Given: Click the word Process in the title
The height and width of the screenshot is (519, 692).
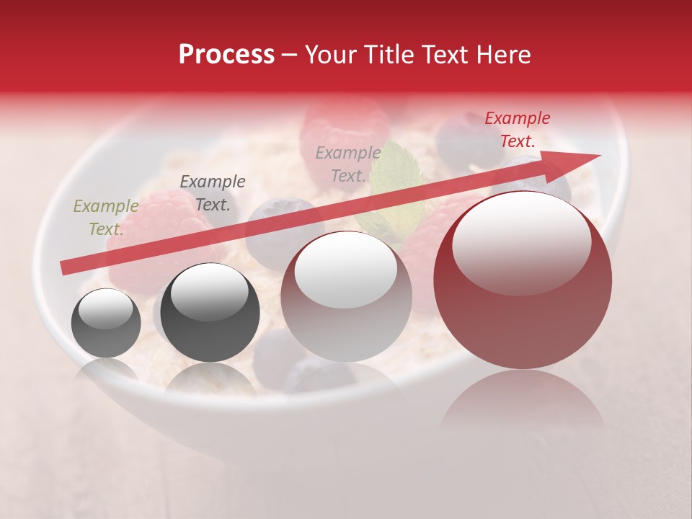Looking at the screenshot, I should tap(226, 55).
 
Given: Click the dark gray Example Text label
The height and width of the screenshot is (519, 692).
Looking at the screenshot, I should tap(213, 193).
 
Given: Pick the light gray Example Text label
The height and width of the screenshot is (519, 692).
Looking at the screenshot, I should tap(348, 164).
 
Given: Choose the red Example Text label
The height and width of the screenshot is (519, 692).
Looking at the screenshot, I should tap(518, 130).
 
